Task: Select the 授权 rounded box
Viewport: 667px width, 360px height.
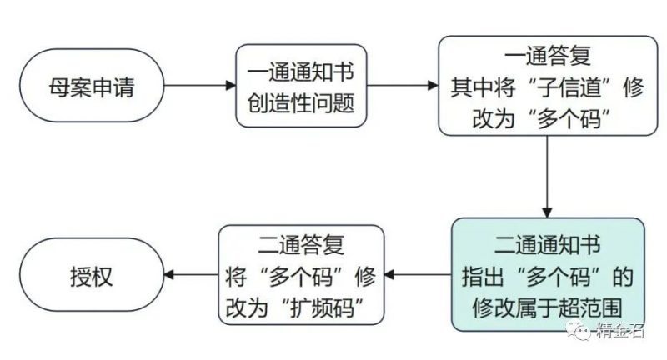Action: pyautogui.click(x=91, y=275)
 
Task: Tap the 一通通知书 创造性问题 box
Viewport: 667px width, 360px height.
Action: pyautogui.click(x=301, y=87)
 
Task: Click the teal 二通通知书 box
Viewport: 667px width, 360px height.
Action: pyautogui.click(x=548, y=275)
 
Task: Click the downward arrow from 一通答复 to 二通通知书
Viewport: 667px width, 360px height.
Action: pyautogui.click(x=548, y=175)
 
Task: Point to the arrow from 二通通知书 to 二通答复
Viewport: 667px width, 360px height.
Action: pyautogui.click(x=422, y=275)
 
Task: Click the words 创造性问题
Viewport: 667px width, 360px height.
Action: pyautogui.click(x=301, y=103)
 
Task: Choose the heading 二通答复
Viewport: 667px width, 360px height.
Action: pyautogui.click(x=301, y=245)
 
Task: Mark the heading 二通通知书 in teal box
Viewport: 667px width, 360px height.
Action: pyautogui.click(x=548, y=245)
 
